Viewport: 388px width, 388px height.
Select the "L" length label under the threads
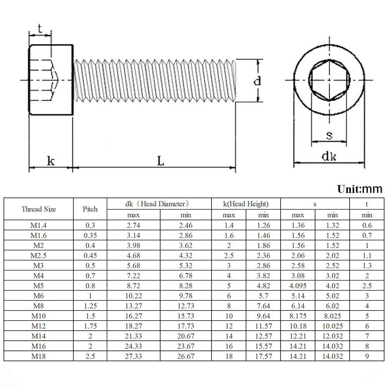(x=160, y=160)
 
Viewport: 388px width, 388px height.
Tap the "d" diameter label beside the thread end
(x=257, y=81)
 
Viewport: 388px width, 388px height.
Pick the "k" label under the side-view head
(x=50, y=160)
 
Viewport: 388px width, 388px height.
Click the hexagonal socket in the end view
(x=329, y=80)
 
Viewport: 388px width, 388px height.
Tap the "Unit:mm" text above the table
(x=359, y=189)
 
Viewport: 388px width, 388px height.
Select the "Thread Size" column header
(x=38, y=209)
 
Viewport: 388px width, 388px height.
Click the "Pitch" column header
(x=90, y=209)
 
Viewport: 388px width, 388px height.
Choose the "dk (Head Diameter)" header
(x=159, y=204)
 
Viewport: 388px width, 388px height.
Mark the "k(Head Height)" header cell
(x=246, y=204)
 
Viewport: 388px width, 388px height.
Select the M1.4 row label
(x=38, y=225)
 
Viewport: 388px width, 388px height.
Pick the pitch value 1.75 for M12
(x=90, y=326)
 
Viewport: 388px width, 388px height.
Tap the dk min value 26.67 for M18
(x=185, y=356)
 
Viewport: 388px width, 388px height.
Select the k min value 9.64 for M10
(x=263, y=316)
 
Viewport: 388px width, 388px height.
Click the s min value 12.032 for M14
(x=332, y=336)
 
